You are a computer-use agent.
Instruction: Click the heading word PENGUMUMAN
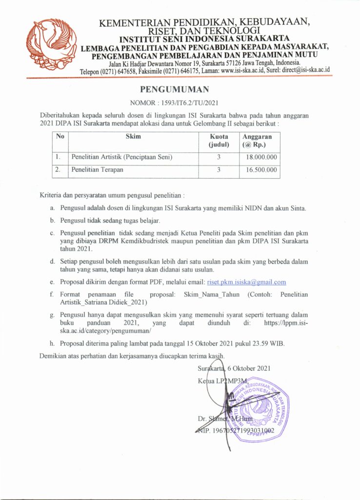pyautogui.click(x=174, y=89)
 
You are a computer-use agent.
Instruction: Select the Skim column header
pyautogui.click(x=133, y=137)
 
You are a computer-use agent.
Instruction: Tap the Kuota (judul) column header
pyautogui.click(x=219, y=141)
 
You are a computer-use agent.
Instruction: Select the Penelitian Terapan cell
pyautogui.click(x=97, y=170)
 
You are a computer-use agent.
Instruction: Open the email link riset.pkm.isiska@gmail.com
pyautogui.click(x=246, y=282)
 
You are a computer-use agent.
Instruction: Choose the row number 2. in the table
pyautogui.click(x=58, y=170)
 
